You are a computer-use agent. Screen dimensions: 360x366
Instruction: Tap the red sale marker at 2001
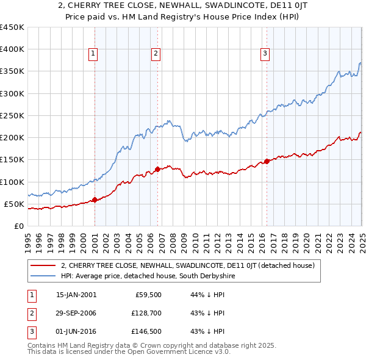pyautogui.click(x=95, y=200)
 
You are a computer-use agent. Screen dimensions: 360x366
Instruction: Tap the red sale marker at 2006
pyautogui.click(x=158, y=169)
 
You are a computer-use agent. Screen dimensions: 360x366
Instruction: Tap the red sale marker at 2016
pyautogui.click(x=267, y=162)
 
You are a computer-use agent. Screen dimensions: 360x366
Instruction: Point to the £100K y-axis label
pyautogui.click(x=12, y=182)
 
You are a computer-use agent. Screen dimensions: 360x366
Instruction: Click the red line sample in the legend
pyautogui.click(x=44, y=265)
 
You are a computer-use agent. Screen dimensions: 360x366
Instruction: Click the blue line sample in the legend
pyautogui.click(x=44, y=276)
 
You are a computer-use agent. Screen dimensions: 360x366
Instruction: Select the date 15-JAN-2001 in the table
pyautogui.click(x=76, y=294)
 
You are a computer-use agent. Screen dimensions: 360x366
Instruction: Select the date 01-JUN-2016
pyautogui.click(x=76, y=332)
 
